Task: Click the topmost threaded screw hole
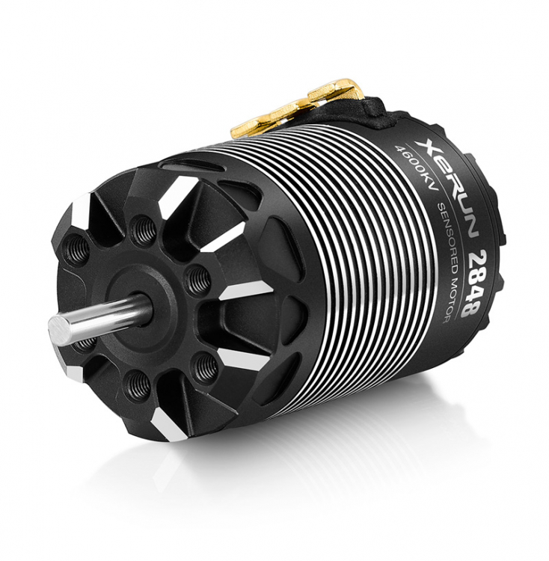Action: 143,227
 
